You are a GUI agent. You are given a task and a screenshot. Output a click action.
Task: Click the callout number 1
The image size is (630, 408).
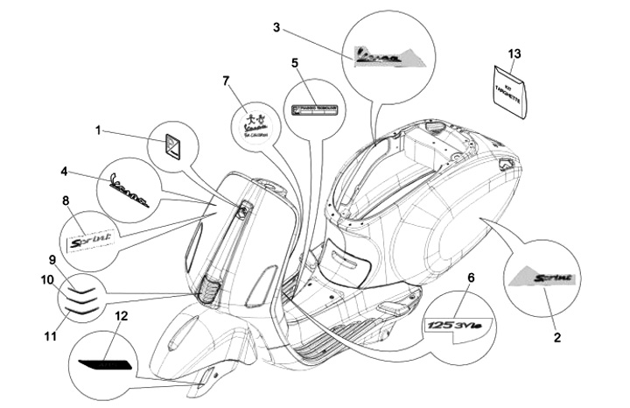point(99,130)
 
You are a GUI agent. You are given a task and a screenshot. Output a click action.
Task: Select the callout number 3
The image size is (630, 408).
point(276,27)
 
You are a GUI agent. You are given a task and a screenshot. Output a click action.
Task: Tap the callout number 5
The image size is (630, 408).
point(295,63)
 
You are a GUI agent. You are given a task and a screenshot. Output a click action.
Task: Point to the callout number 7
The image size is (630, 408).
point(226,81)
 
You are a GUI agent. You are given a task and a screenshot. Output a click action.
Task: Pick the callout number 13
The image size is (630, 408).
point(514,54)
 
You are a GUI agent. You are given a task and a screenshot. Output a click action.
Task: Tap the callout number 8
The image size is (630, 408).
point(66,201)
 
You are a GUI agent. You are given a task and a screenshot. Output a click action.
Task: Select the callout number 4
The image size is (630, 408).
point(64,171)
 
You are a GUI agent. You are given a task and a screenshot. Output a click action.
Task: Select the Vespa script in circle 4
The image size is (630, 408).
point(128,184)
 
